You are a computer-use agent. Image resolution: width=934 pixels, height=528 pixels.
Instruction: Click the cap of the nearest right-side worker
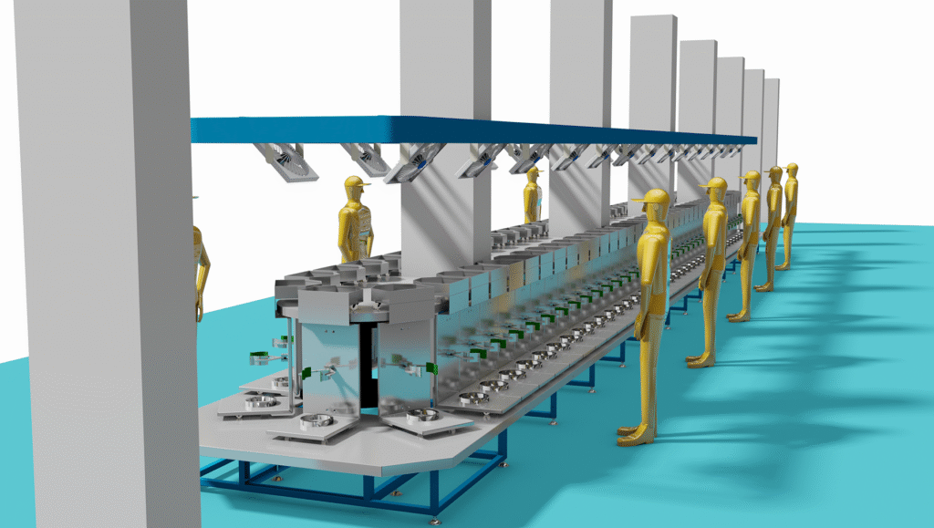[x=652, y=197]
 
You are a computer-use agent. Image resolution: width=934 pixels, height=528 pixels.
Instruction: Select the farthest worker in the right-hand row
[x=790, y=215]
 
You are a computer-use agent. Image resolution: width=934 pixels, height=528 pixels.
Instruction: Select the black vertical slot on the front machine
[x=366, y=365]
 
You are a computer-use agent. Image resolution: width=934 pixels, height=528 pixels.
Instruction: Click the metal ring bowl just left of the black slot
[x=316, y=421]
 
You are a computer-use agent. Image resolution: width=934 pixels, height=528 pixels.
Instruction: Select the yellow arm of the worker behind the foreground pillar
[x=203, y=274]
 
